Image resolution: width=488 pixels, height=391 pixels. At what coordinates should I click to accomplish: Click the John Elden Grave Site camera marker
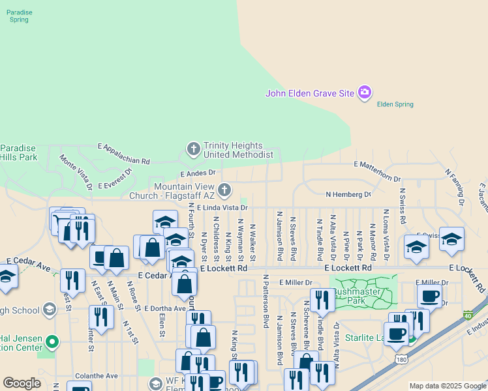coord(365,93)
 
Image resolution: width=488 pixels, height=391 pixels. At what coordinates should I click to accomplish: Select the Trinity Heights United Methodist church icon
coord(193,150)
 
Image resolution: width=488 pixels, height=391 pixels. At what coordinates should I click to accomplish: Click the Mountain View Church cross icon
coord(224,190)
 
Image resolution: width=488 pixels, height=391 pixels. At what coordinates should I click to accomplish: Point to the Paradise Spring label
coord(19,16)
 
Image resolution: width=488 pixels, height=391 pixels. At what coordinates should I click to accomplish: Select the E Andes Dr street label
coord(197,173)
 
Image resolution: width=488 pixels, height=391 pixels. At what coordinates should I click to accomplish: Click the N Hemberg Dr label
coord(348,194)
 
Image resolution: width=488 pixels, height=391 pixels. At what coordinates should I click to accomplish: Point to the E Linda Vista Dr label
coord(222,207)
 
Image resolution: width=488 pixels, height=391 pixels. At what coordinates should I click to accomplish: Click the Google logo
coord(22,383)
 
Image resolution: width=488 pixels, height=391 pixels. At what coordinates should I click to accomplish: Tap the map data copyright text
coord(448,386)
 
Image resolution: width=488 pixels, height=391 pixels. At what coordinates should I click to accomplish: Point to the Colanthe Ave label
coord(96,376)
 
